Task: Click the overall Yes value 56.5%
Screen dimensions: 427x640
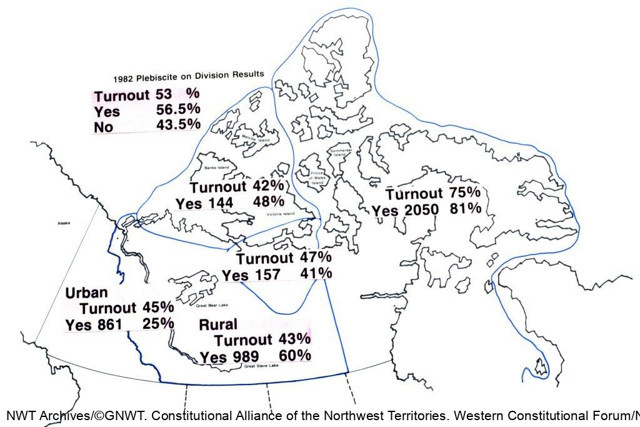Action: point(178,109)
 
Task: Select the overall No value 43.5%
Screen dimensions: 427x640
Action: point(178,124)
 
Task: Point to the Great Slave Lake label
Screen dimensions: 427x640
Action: point(261,366)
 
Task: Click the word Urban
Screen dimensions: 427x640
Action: point(87,293)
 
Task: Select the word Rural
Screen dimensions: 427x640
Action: point(218,324)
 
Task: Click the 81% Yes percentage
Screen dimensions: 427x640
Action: point(466,209)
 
